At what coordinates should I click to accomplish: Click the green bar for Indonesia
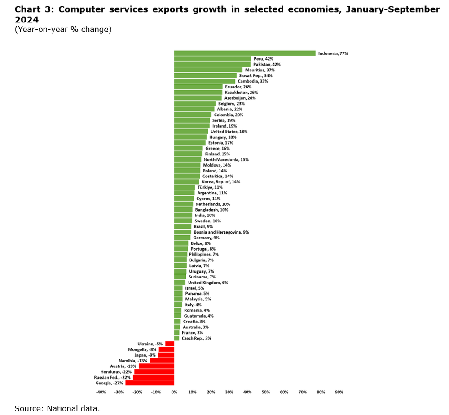[x=245, y=53]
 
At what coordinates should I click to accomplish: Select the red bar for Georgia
[x=150, y=383]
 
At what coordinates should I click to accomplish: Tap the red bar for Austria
[x=156, y=366]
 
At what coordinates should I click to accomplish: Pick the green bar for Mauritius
[x=208, y=70]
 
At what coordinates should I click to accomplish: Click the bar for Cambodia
[x=205, y=81]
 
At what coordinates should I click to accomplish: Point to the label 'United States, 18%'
[x=229, y=132]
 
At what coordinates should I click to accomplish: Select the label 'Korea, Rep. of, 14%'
[x=221, y=182]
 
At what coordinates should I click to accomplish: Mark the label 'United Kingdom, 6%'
[x=208, y=283]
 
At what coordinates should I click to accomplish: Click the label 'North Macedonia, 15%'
[x=226, y=159]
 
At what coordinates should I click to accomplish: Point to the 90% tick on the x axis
[x=339, y=392]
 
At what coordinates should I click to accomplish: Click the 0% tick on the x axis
[x=174, y=392]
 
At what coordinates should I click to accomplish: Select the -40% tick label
[x=101, y=392]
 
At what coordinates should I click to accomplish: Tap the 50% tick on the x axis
[x=266, y=392]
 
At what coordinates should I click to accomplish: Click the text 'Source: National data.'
[x=57, y=408]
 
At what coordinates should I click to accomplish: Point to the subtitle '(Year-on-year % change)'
[x=63, y=30]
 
